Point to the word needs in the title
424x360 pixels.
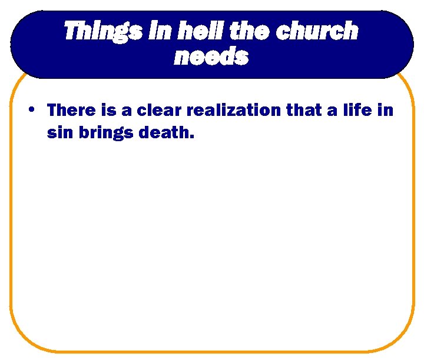[211, 57]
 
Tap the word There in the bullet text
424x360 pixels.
[71, 110]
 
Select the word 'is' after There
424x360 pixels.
[110, 110]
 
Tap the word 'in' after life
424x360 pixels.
[386, 110]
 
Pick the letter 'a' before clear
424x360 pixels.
[126, 111]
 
